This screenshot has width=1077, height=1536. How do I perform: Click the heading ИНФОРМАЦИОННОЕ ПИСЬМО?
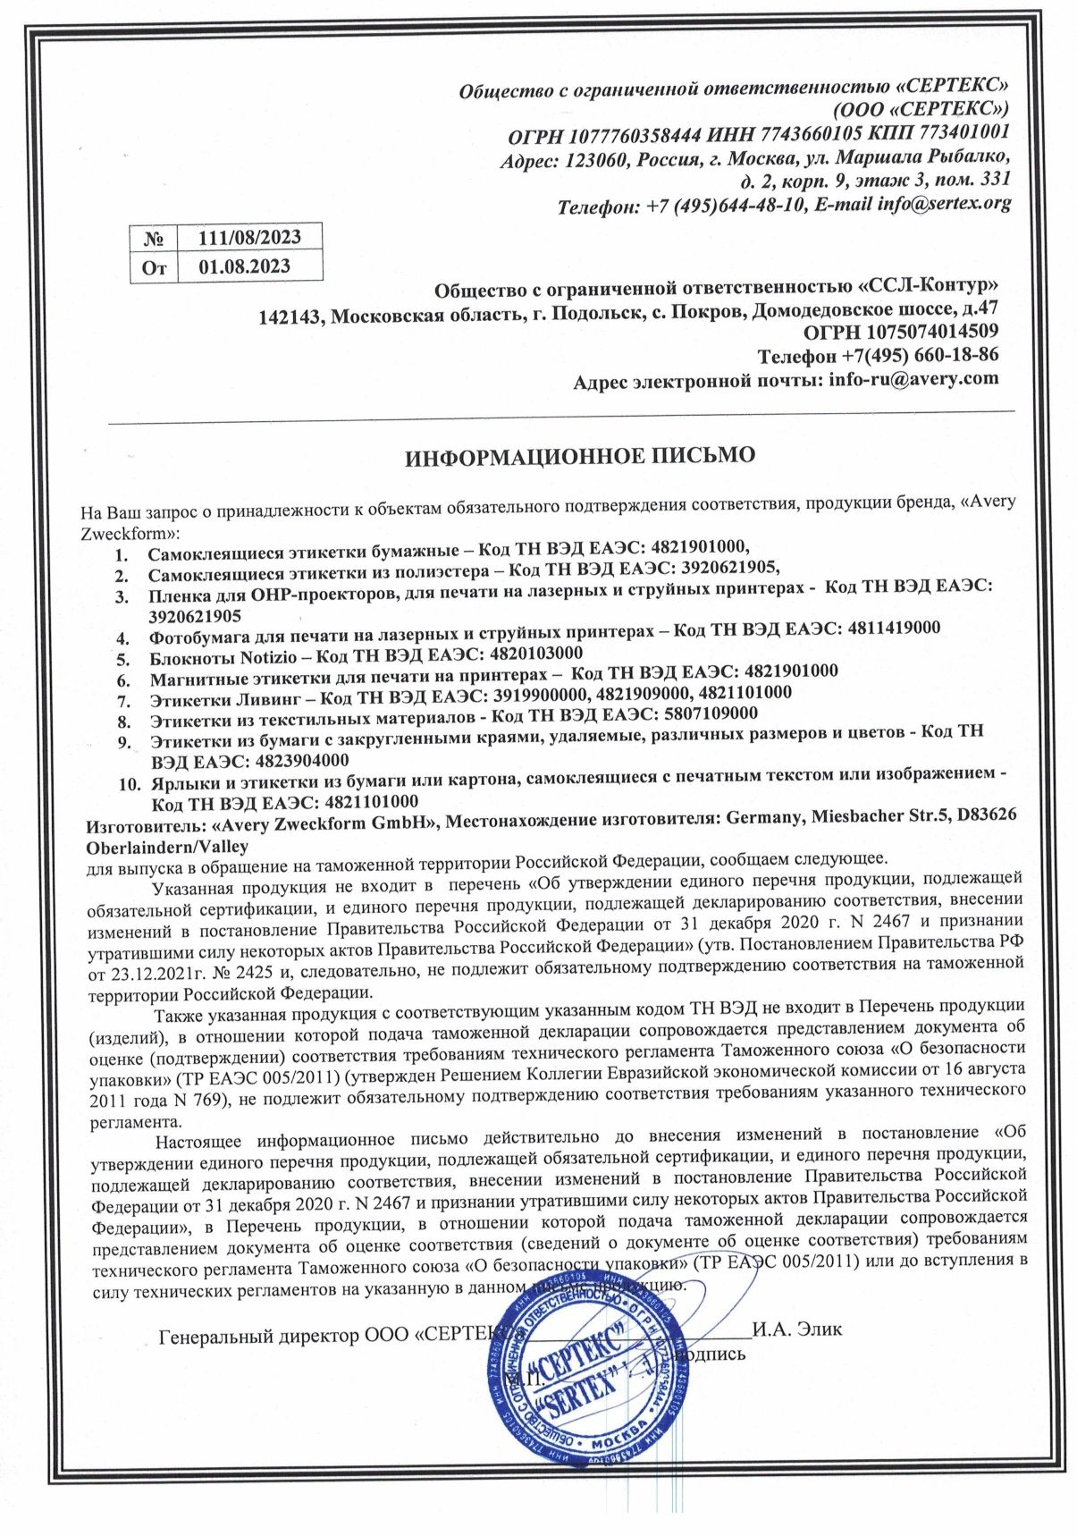tap(580, 456)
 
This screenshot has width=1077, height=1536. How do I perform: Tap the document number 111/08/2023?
tap(249, 237)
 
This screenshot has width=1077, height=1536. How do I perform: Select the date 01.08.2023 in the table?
tap(244, 266)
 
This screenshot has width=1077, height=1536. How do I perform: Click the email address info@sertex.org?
tap(944, 203)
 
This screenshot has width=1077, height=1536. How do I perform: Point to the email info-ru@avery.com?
tap(913, 379)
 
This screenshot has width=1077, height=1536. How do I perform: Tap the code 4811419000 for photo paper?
tap(891, 629)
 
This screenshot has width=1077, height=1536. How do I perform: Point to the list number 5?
tap(123, 660)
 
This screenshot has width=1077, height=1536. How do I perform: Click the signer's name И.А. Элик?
tap(797, 1329)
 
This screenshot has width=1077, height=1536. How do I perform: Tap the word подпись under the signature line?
tap(711, 1354)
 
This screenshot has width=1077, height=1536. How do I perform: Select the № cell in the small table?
tap(154, 239)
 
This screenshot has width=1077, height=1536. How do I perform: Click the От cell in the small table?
tap(154, 267)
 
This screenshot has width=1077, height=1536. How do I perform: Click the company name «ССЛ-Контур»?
tap(928, 288)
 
